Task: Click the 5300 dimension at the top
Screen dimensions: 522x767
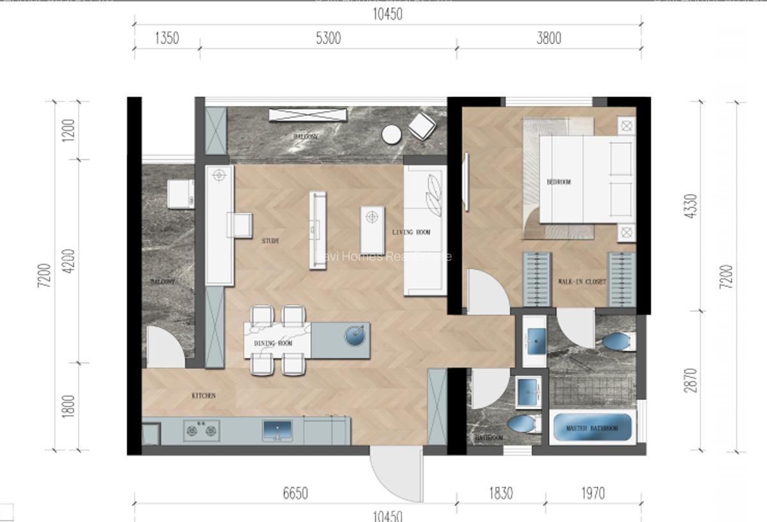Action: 328,38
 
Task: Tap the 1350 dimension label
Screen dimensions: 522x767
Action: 167,38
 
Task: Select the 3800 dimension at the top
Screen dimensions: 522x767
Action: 548,38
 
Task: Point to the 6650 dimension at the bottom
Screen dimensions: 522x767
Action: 295,493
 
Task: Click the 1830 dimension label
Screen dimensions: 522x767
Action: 500,493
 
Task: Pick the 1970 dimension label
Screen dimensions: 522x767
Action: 593,493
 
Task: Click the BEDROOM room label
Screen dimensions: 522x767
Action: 558,182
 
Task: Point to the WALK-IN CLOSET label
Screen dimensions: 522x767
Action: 582,281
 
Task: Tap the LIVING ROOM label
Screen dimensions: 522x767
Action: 411,233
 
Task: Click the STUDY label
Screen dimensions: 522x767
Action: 270,242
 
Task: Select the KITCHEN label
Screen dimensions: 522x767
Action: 203,396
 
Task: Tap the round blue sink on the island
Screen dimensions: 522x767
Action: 355,335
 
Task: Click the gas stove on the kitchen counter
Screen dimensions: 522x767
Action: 201,429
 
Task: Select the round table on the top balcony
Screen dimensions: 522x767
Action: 391,134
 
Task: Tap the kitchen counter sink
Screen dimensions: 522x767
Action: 277,429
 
